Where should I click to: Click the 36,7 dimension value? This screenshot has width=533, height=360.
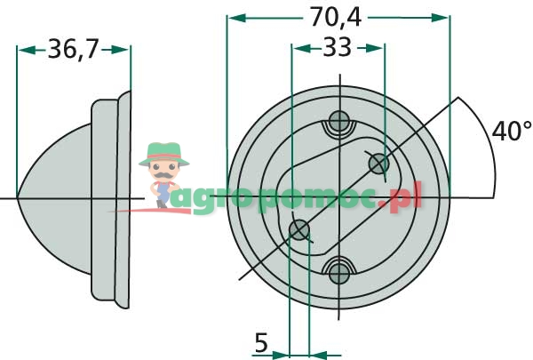(74, 50)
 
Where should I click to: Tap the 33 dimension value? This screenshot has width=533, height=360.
(337, 48)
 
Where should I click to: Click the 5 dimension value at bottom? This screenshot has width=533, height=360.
(260, 342)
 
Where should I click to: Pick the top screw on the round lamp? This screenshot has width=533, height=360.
(338, 122)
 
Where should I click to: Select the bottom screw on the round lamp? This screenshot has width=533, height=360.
(338, 270)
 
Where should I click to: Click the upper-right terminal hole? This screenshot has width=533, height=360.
(378, 163)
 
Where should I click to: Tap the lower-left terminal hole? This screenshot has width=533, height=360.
(300, 230)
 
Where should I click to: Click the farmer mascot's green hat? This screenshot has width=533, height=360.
(164, 151)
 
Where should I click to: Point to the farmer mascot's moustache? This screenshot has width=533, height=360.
(163, 172)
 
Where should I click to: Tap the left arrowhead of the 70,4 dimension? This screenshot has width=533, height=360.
(233, 16)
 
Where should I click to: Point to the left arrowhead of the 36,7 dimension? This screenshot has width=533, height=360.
(23, 50)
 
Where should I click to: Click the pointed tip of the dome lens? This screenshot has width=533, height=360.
(18, 196)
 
